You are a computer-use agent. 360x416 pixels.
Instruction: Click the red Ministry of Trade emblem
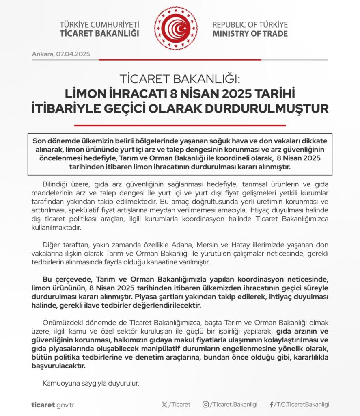click(x=175, y=28)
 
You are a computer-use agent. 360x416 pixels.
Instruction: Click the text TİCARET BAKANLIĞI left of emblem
click(x=99, y=33)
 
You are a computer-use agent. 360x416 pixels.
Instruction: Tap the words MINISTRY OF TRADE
click(x=250, y=33)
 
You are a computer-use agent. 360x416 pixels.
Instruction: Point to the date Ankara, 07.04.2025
click(x=61, y=54)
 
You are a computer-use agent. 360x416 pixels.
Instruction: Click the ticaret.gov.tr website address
click(x=53, y=405)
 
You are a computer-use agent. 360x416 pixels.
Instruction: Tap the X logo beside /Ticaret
click(x=164, y=405)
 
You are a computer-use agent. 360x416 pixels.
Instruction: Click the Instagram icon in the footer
click(x=206, y=405)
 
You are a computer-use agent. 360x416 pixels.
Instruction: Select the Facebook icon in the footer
click(x=271, y=405)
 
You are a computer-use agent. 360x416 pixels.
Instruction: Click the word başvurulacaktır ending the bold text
click(x=58, y=366)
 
